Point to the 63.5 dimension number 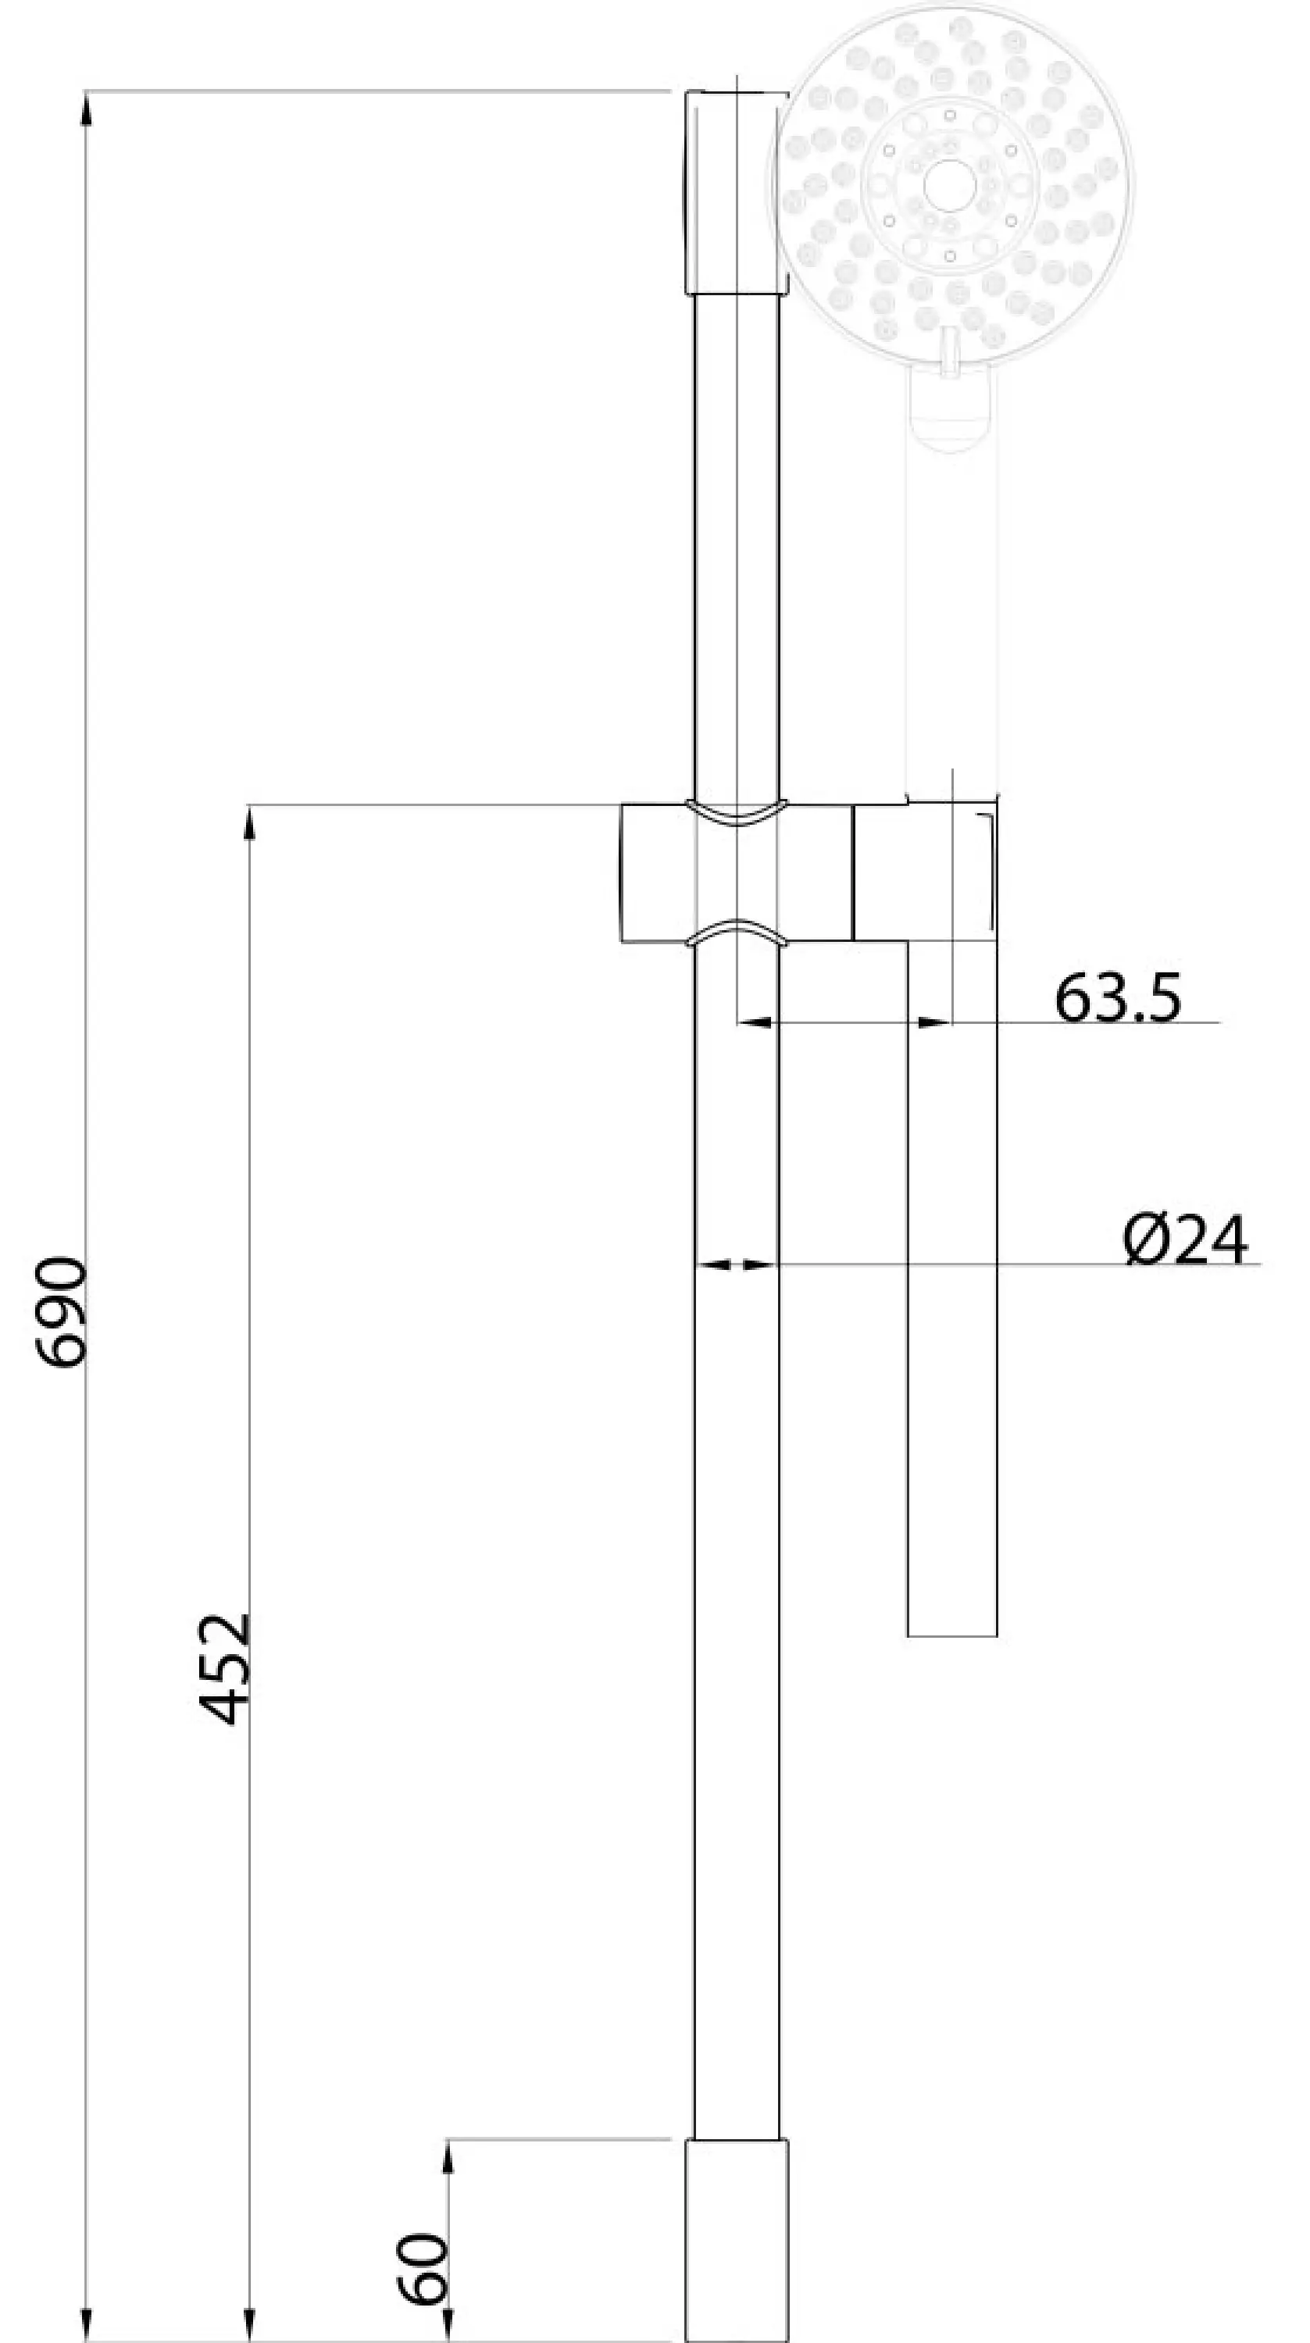point(1118,998)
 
